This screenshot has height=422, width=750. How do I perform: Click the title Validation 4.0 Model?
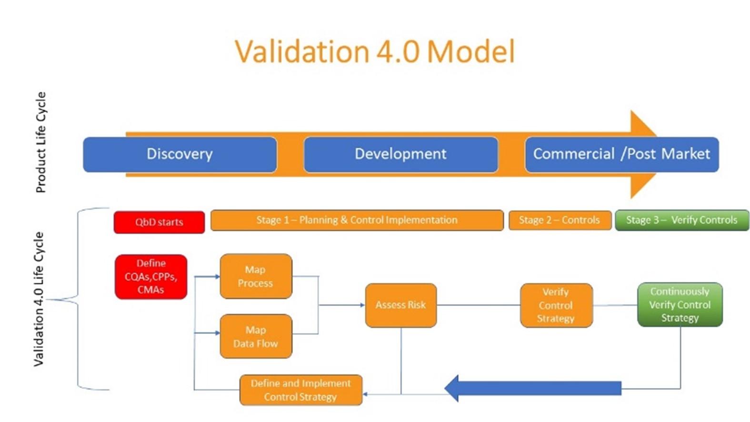tap(375, 51)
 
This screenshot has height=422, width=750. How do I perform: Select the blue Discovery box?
tap(180, 154)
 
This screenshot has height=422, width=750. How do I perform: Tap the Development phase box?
tap(401, 154)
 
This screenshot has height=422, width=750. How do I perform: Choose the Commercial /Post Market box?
tap(622, 154)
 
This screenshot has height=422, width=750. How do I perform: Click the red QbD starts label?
tap(159, 222)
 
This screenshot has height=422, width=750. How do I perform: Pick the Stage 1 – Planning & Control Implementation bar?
tap(357, 220)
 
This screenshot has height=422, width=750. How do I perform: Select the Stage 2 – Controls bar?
tap(560, 220)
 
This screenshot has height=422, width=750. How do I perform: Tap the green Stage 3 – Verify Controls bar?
tap(682, 220)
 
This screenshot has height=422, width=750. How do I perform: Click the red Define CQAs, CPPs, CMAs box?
tap(150, 277)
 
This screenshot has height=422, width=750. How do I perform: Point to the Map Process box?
tap(256, 276)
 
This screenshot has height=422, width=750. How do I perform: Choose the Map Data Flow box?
tap(256, 336)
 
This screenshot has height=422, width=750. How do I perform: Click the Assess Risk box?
tap(401, 305)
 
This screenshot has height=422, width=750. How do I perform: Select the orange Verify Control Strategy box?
tap(557, 305)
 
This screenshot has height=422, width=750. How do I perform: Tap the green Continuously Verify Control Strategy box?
tap(680, 304)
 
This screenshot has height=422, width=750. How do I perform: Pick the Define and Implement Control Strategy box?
tap(300, 390)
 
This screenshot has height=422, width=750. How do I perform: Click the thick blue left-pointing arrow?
tap(533, 389)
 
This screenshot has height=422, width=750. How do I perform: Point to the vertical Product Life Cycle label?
tap(40, 142)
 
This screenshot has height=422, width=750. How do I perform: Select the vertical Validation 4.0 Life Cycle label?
tap(39, 299)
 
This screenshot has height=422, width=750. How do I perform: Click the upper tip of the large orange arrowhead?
tap(631, 111)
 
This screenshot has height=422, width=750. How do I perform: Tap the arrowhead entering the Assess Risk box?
tap(362, 305)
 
